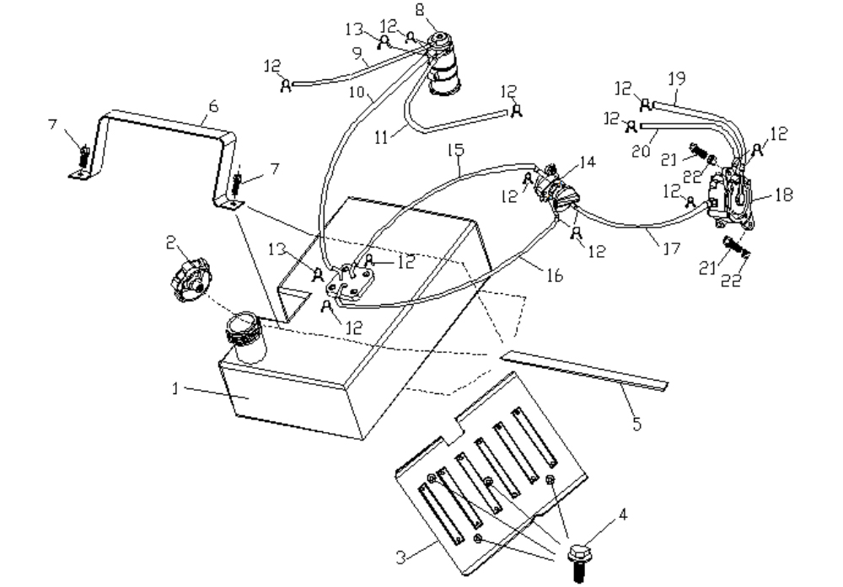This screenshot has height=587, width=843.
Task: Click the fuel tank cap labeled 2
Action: click(x=191, y=280)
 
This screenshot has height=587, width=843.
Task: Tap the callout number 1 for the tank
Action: click(x=175, y=388)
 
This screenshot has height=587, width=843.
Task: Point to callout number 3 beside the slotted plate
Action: click(x=401, y=558)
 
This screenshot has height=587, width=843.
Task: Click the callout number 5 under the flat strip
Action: click(x=637, y=424)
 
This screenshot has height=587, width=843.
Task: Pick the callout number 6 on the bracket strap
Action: click(x=213, y=106)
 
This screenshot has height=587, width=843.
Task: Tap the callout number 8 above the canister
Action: click(x=419, y=9)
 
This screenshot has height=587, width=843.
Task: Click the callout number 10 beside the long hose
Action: click(x=357, y=93)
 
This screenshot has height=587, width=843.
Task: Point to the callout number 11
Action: click(x=382, y=137)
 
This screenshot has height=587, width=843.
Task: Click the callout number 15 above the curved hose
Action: click(x=455, y=151)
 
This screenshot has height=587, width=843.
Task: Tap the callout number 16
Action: click(x=555, y=275)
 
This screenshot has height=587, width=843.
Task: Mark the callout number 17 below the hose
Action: click(x=672, y=248)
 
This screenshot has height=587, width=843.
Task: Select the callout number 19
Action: click(x=677, y=79)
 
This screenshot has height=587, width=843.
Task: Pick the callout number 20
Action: click(x=641, y=151)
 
